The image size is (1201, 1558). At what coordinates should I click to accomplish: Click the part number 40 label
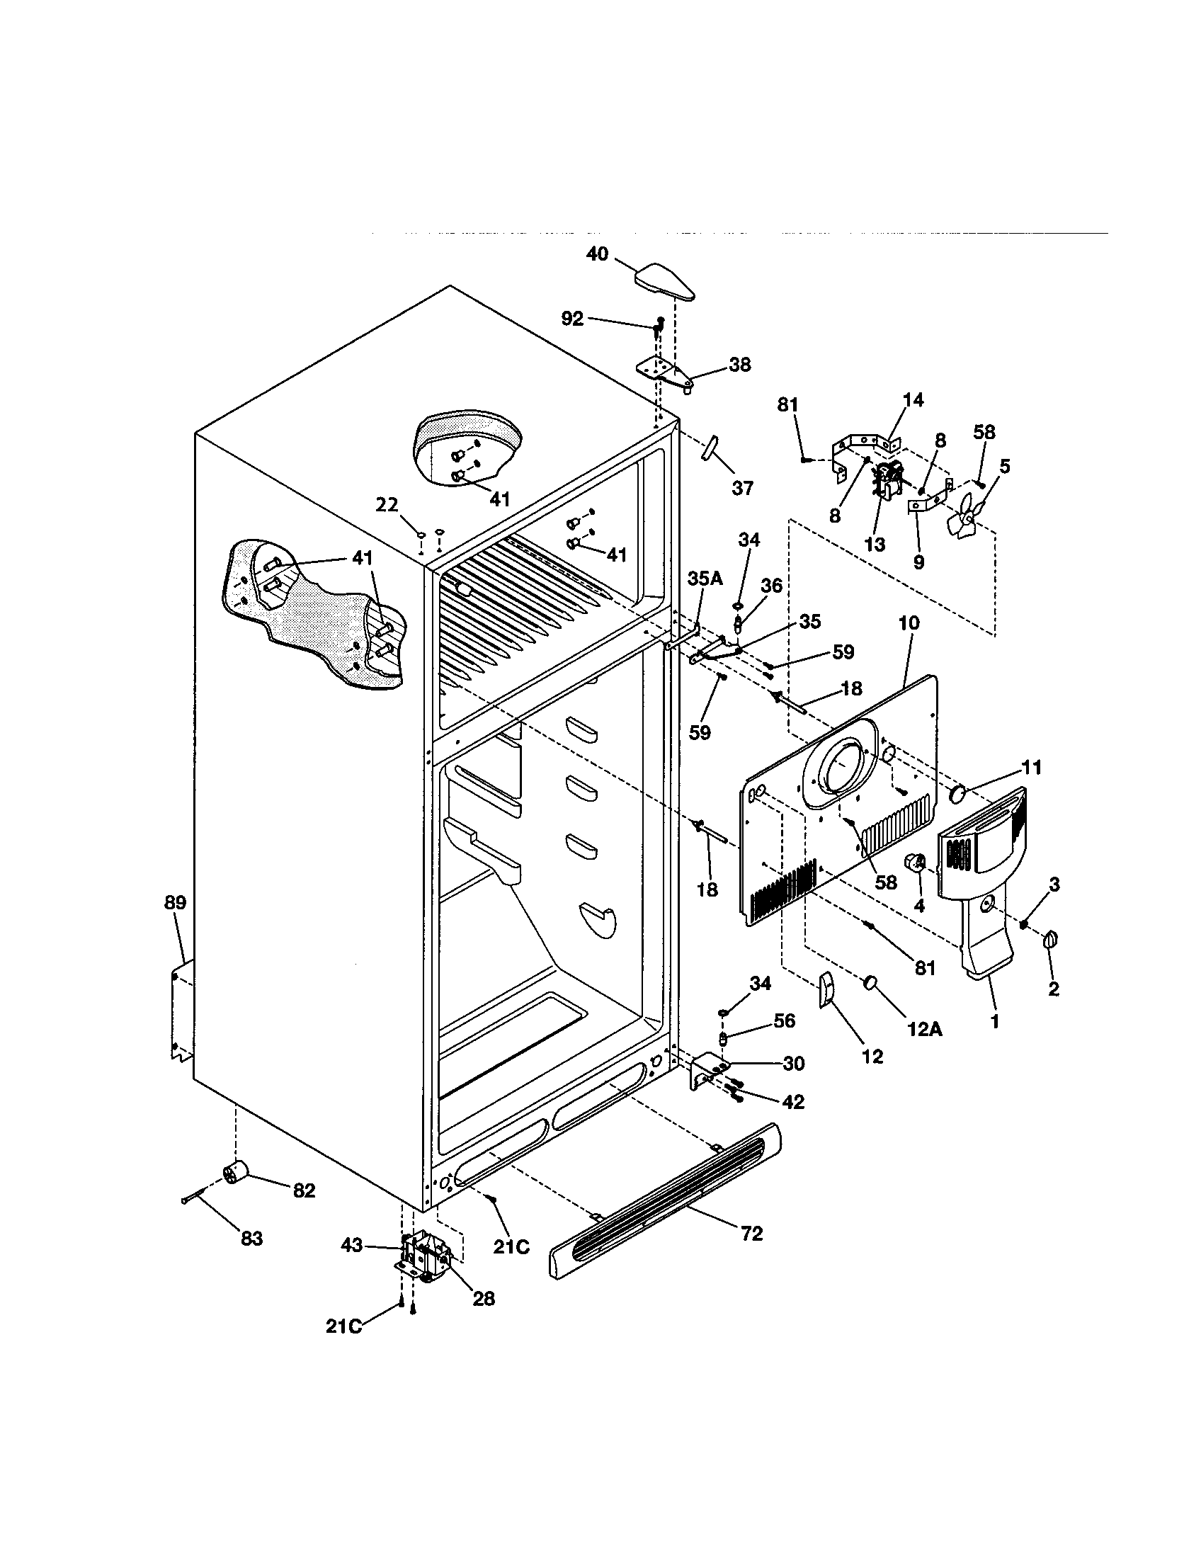tap(597, 254)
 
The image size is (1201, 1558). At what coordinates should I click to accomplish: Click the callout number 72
tap(753, 1234)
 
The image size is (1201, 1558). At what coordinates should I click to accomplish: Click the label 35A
tap(705, 579)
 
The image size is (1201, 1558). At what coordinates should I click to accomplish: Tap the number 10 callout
tap(909, 622)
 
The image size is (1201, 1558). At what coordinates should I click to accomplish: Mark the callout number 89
tap(175, 902)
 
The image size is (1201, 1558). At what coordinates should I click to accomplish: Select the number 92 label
tap(572, 319)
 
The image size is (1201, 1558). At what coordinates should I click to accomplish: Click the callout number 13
tap(875, 545)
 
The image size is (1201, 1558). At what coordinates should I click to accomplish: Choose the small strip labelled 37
tap(712, 451)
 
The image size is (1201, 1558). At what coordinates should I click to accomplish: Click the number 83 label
tap(252, 1239)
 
